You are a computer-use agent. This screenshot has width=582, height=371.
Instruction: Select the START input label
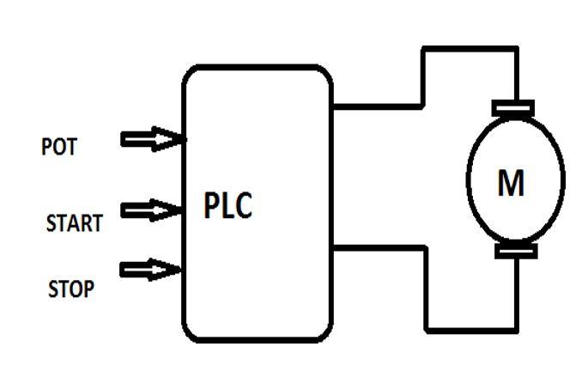tap(74, 224)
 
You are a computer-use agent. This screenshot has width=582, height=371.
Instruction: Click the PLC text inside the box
tap(228, 207)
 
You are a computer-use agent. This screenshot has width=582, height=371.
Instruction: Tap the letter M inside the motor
tap(512, 183)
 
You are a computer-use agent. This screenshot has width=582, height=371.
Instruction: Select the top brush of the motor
tap(513, 107)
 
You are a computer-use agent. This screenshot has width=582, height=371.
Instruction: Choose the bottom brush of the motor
tap(513, 252)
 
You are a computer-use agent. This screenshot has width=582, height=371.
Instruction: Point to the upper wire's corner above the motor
tap(515, 49)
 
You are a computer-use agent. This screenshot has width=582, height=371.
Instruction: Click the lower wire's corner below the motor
tap(515, 330)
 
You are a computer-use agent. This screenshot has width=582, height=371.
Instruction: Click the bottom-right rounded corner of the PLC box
tap(326, 333)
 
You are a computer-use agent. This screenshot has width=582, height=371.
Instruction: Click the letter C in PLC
tap(244, 207)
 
